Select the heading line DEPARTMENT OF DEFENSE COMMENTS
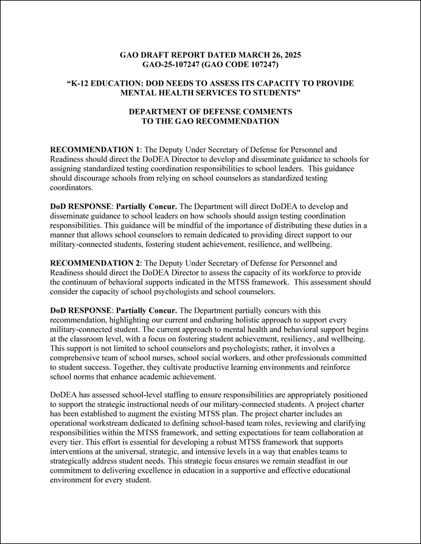coord(210,112)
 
